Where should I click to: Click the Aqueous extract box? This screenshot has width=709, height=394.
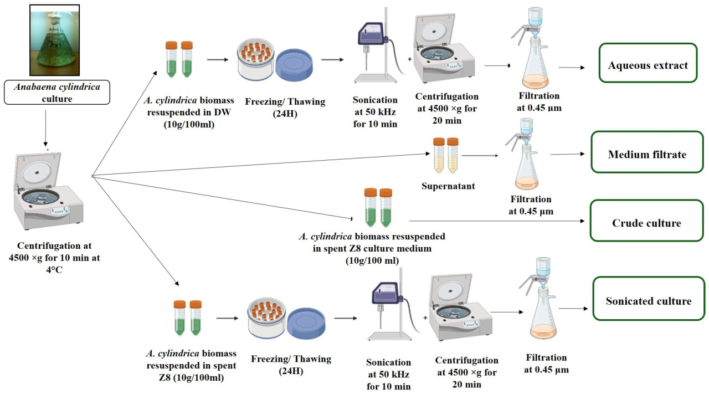pos(648,65)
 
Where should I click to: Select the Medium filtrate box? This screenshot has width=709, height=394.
pos(646,154)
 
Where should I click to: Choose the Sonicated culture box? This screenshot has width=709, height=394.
pos(648,301)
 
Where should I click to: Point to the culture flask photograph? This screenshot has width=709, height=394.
pos(55,40)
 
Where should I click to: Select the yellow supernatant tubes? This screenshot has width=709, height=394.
pos(446,155)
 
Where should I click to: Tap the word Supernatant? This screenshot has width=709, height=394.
pos(447,186)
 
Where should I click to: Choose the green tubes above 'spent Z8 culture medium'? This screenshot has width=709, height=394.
pos(378,208)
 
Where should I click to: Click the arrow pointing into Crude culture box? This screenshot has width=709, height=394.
pos(499,221)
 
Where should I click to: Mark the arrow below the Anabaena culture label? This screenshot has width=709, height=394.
pos(47,127)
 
